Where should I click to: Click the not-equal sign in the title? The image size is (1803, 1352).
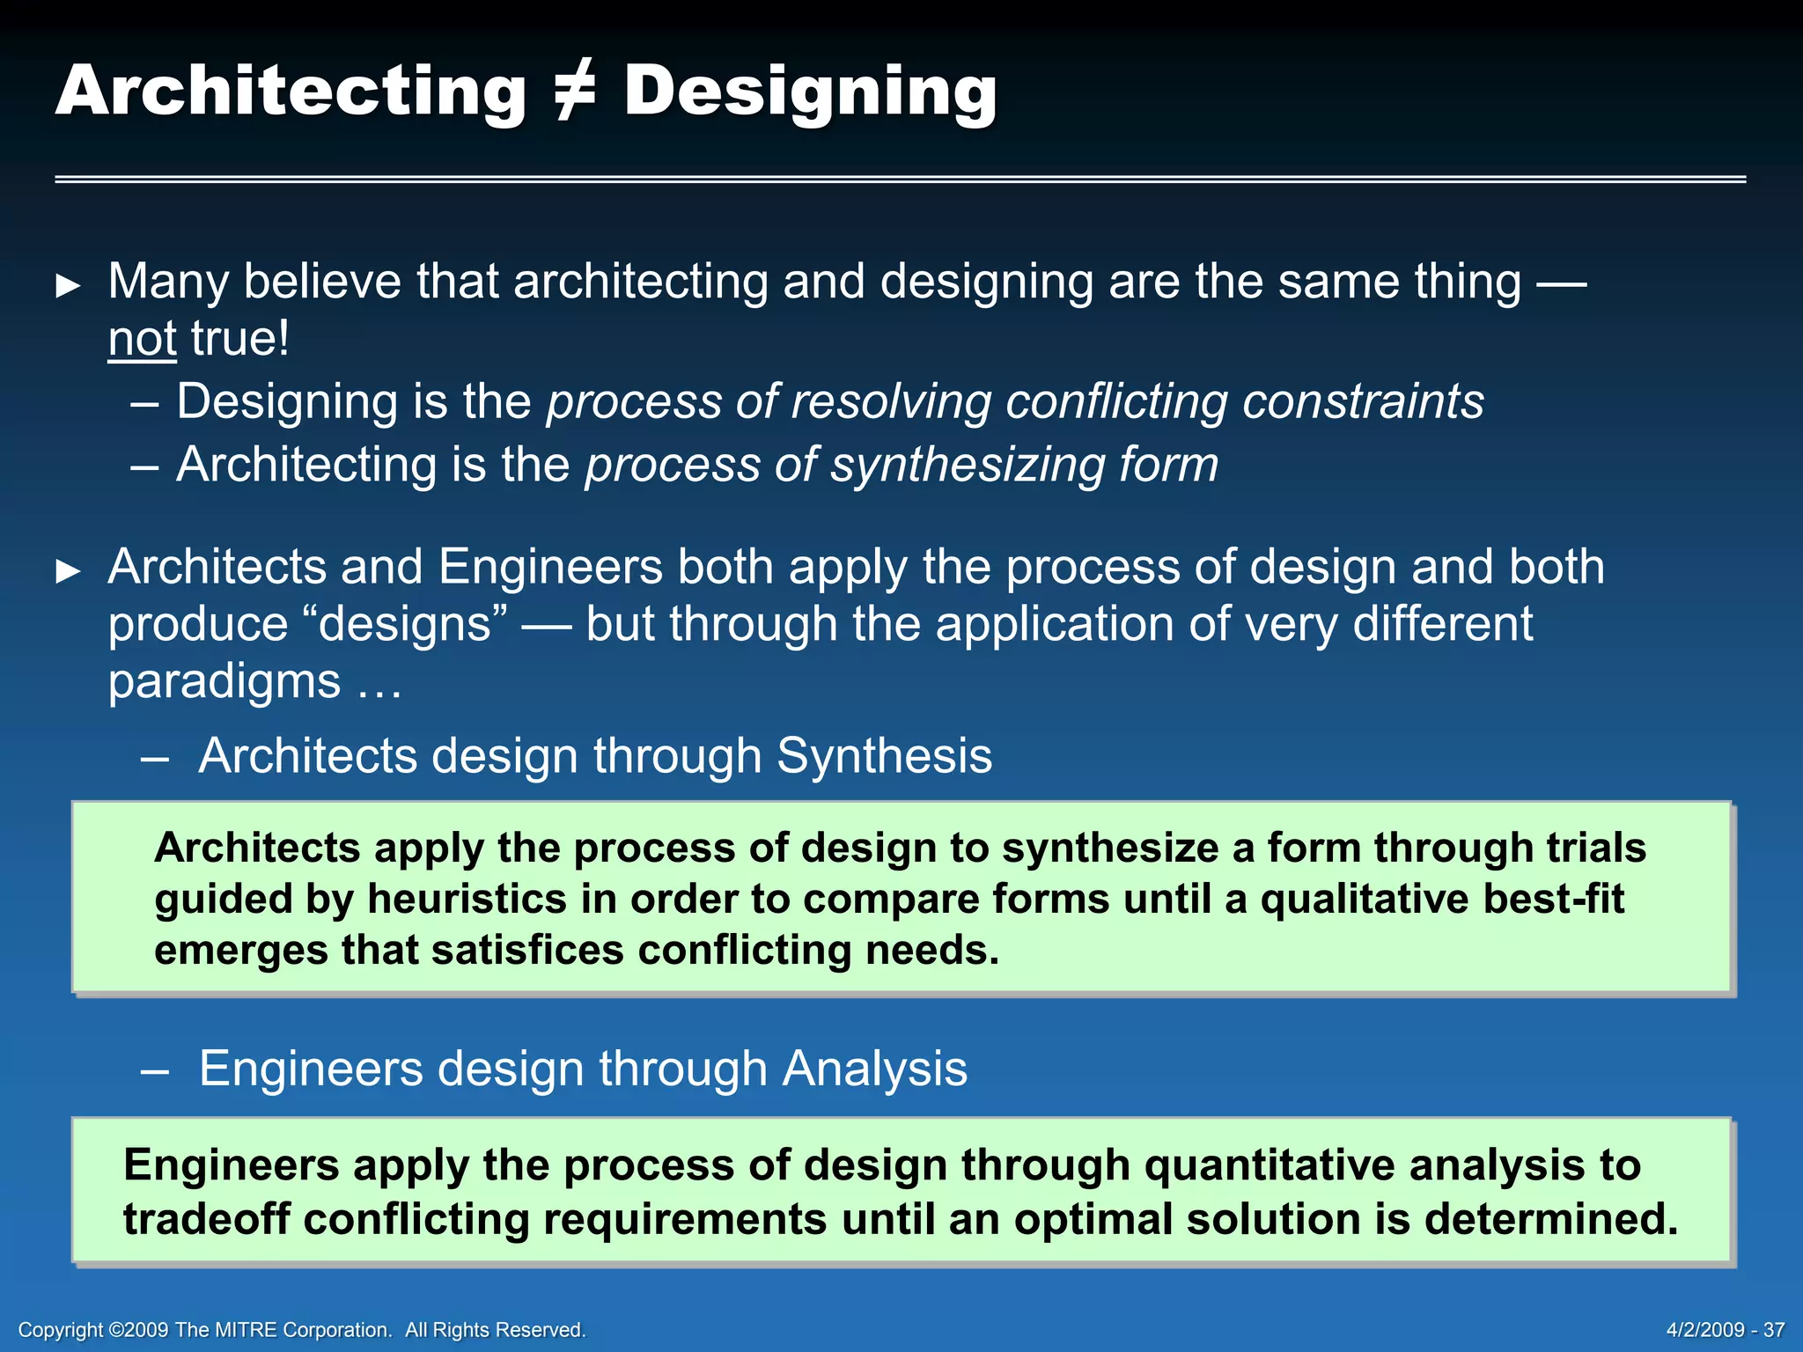pyautogui.click(x=575, y=92)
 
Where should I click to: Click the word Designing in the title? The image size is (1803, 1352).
pyautogui.click(x=810, y=92)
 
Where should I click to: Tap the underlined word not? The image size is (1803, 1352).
pyautogui.click(x=142, y=339)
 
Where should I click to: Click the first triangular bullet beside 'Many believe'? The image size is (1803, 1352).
pyautogui.click(x=68, y=286)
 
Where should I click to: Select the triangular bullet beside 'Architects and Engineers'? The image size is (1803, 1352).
pyautogui.click(x=68, y=571)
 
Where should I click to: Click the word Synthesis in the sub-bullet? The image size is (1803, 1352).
pyautogui.click(x=884, y=756)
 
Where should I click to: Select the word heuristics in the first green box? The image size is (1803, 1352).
pyautogui.click(x=467, y=900)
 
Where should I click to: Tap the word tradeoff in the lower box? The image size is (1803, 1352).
pyautogui.click(x=206, y=1220)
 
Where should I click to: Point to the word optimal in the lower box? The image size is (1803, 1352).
pyautogui.click(x=1093, y=1220)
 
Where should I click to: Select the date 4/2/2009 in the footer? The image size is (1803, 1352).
pyautogui.click(x=1704, y=1330)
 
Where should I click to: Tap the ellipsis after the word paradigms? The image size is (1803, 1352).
pyautogui.click(x=379, y=683)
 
